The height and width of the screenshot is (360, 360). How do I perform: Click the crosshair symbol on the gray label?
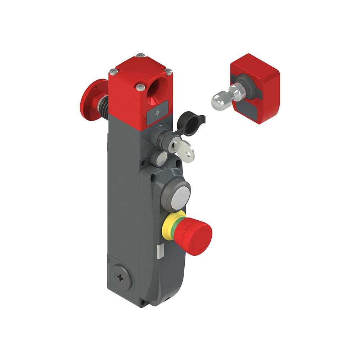coord(157,113)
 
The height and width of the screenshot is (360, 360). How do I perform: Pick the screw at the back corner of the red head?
coord(141,55)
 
